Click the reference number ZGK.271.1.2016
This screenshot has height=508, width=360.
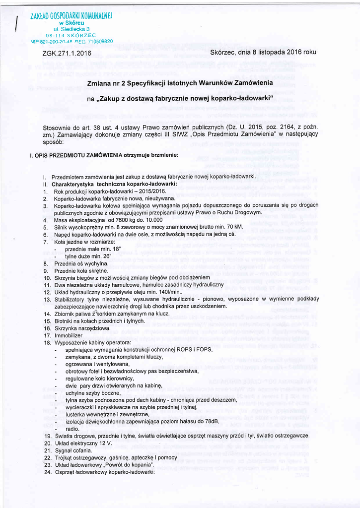[x=67, y=53]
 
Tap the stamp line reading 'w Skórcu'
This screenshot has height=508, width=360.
[x=72, y=23]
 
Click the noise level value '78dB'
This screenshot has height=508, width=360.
[x=211, y=421]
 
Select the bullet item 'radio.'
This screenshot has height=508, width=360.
[x=72, y=429]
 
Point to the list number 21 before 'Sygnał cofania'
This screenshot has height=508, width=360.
[x=48, y=450]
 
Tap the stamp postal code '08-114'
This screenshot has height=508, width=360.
[x=55, y=35]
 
